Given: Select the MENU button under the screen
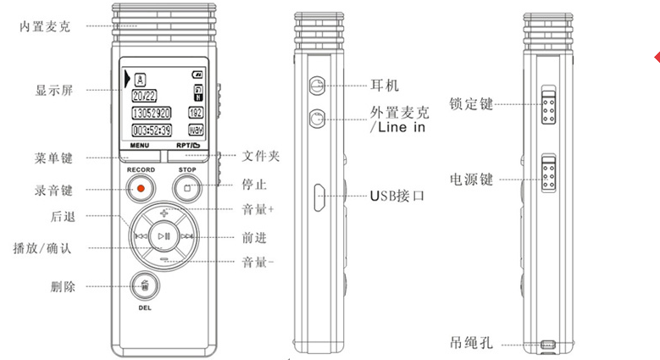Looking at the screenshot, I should click(x=139, y=146).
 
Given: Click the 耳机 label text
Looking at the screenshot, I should click(x=385, y=86).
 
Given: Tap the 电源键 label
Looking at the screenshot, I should click(x=472, y=180).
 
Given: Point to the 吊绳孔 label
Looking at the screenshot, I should click(x=471, y=343).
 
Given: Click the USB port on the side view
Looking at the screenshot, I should click(x=319, y=197).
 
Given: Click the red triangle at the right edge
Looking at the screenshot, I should click(x=657, y=57).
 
